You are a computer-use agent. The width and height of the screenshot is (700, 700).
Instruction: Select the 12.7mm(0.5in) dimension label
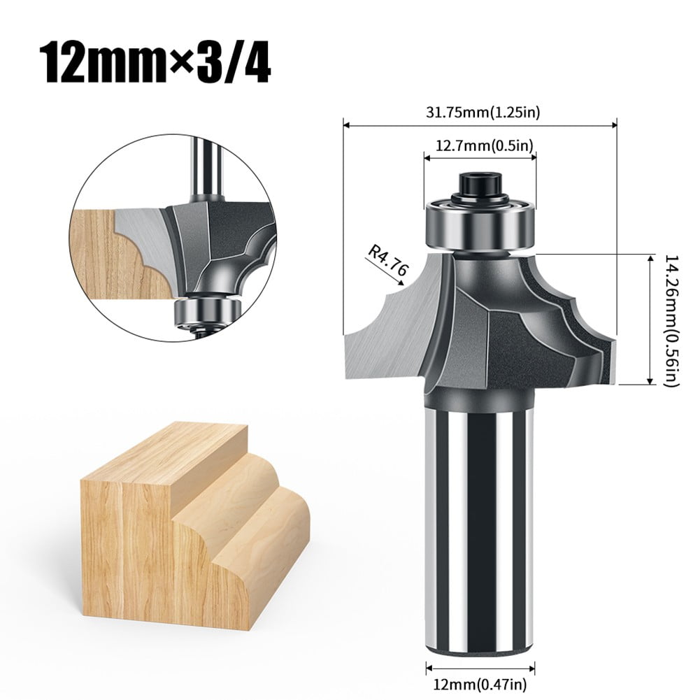pos(480,146)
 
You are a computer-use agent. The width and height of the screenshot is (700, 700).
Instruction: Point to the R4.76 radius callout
pos(384,258)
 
